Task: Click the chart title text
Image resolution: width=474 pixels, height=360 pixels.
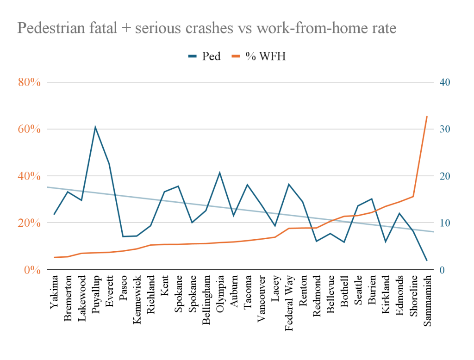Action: (206, 29)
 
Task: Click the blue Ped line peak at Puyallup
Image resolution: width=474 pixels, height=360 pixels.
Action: (95, 127)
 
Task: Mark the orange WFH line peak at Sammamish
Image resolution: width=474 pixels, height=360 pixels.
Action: (427, 117)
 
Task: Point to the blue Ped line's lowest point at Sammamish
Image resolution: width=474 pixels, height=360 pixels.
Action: (427, 261)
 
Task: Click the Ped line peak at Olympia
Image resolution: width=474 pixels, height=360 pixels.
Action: (219, 173)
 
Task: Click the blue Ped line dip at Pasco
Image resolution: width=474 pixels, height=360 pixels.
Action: (123, 236)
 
